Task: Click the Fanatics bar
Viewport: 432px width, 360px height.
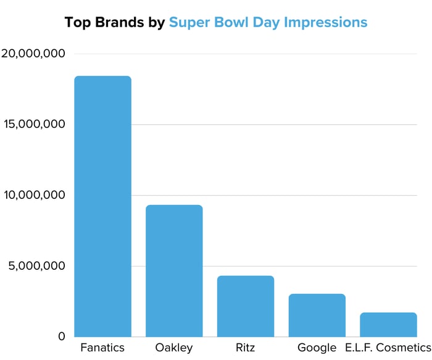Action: click(x=102, y=206)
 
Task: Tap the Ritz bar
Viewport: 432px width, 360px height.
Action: click(x=246, y=306)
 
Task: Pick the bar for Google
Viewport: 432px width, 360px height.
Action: click(x=317, y=315)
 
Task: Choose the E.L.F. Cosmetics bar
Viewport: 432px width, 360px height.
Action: click(x=389, y=324)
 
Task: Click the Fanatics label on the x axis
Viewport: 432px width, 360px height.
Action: click(x=102, y=348)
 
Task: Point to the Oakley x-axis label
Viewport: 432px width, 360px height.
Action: click(x=173, y=348)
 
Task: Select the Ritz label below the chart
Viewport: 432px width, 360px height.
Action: click(x=246, y=348)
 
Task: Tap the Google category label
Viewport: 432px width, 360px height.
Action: click(x=317, y=348)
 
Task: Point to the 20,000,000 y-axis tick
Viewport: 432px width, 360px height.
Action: click(x=34, y=54)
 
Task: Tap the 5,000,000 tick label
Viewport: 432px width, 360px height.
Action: click(x=38, y=267)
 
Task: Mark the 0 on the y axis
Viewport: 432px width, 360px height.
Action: click(x=61, y=337)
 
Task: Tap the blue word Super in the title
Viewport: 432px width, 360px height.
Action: click(x=188, y=23)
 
